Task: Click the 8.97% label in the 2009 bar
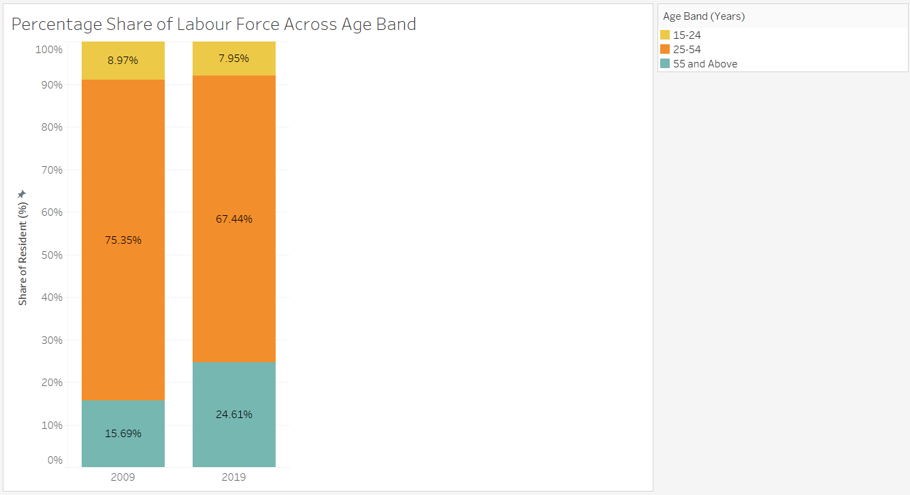(x=123, y=61)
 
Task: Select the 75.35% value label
(x=123, y=240)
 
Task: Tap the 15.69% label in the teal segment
(x=123, y=434)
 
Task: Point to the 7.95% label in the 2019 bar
(x=234, y=59)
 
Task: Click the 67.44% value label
(x=234, y=219)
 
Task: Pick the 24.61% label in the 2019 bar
(x=234, y=415)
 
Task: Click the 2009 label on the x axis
(x=123, y=477)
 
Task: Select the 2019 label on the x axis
(x=234, y=477)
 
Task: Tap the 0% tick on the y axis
(x=54, y=460)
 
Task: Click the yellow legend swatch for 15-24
(x=665, y=35)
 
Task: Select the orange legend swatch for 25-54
(x=665, y=49)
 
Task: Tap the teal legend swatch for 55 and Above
(x=665, y=63)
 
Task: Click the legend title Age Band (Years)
(x=704, y=16)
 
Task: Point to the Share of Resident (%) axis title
(x=22, y=255)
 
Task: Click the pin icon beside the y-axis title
(x=22, y=194)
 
